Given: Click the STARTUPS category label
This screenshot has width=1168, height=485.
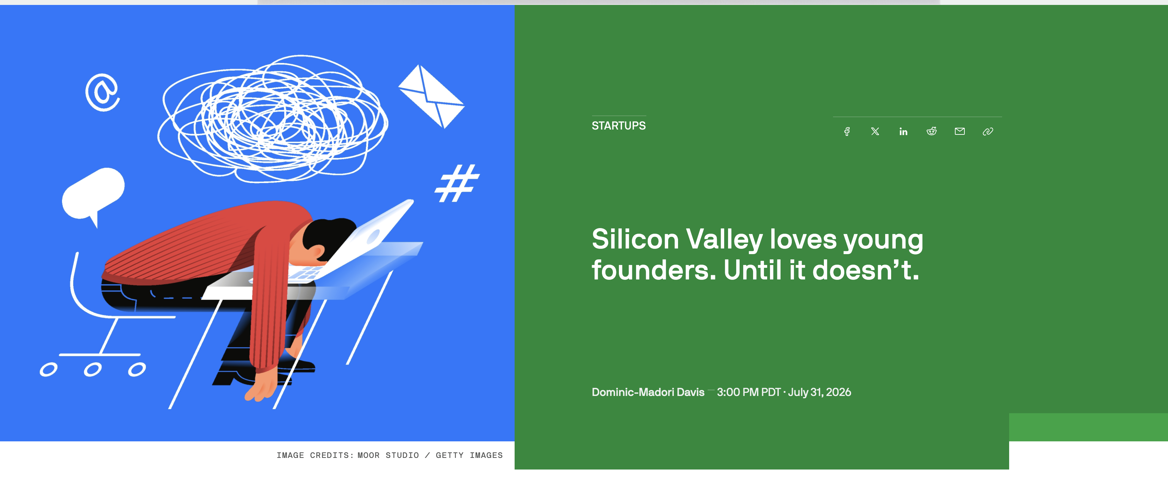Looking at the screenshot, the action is (619, 126).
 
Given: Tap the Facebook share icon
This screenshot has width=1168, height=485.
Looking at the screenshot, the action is (846, 131).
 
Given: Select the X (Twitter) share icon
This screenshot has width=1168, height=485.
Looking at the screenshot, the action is (875, 131).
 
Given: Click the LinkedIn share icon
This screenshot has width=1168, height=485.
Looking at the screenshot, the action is (903, 131).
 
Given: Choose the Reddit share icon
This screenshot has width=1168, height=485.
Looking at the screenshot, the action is (931, 131).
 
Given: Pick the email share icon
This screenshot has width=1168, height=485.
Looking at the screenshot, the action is (959, 131).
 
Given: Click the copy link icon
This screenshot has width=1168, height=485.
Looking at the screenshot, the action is (988, 131).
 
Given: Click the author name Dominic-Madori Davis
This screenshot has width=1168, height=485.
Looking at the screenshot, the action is (648, 392).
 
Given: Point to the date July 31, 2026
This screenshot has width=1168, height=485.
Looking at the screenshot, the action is (819, 392).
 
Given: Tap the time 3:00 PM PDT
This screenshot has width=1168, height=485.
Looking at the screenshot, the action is (748, 392).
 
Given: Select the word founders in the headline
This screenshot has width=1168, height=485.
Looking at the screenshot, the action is (654, 270).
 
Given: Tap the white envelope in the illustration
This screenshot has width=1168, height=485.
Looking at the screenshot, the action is (431, 96).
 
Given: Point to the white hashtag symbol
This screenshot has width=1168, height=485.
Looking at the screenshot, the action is (457, 183).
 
